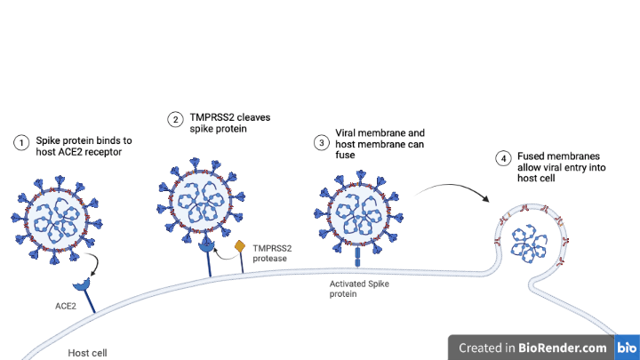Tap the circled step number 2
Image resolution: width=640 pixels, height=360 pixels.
click(x=176, y=119)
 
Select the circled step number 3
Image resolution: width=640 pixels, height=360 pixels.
click(x=321, y=143)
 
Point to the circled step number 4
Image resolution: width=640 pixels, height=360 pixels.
click(x=504, y=159)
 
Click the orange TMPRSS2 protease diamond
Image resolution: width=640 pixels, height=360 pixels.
click(x=239, y=246)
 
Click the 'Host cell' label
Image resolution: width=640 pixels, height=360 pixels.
click(x=87, y=353)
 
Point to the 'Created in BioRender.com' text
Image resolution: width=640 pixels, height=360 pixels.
click(x=532, y=348)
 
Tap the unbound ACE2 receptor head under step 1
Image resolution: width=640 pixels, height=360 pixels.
click(x=83, y=284)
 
